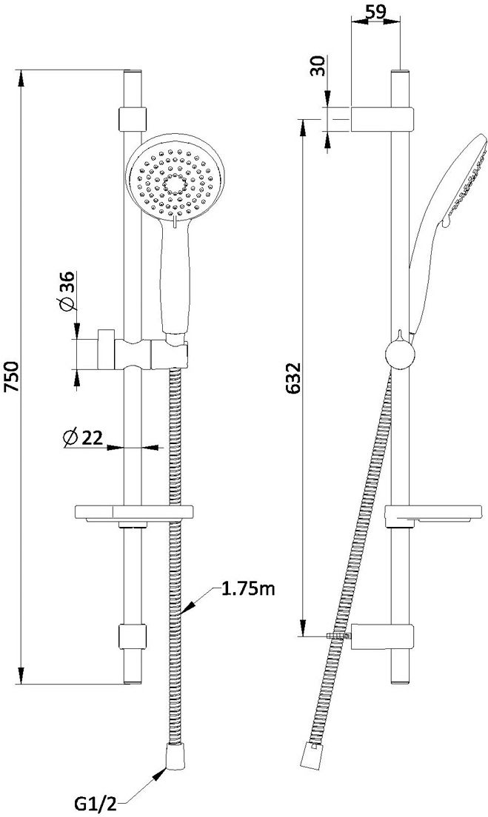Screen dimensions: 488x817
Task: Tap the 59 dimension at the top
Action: coord(376,12)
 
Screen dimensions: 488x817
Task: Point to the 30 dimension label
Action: coord(318,66)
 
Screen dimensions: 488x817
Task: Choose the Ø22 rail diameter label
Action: coord(82,437)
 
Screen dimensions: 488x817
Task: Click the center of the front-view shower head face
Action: coord(176,184)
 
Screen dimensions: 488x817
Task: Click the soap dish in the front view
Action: coord(134,513)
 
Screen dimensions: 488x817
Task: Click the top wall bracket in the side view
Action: coord(381,119)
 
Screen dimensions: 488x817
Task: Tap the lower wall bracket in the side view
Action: coord(381,636)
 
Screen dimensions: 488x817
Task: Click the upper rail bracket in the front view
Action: coord(133,119)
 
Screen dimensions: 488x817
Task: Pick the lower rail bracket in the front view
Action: coord(133,636)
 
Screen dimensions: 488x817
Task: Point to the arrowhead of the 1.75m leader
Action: coord(188,607)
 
